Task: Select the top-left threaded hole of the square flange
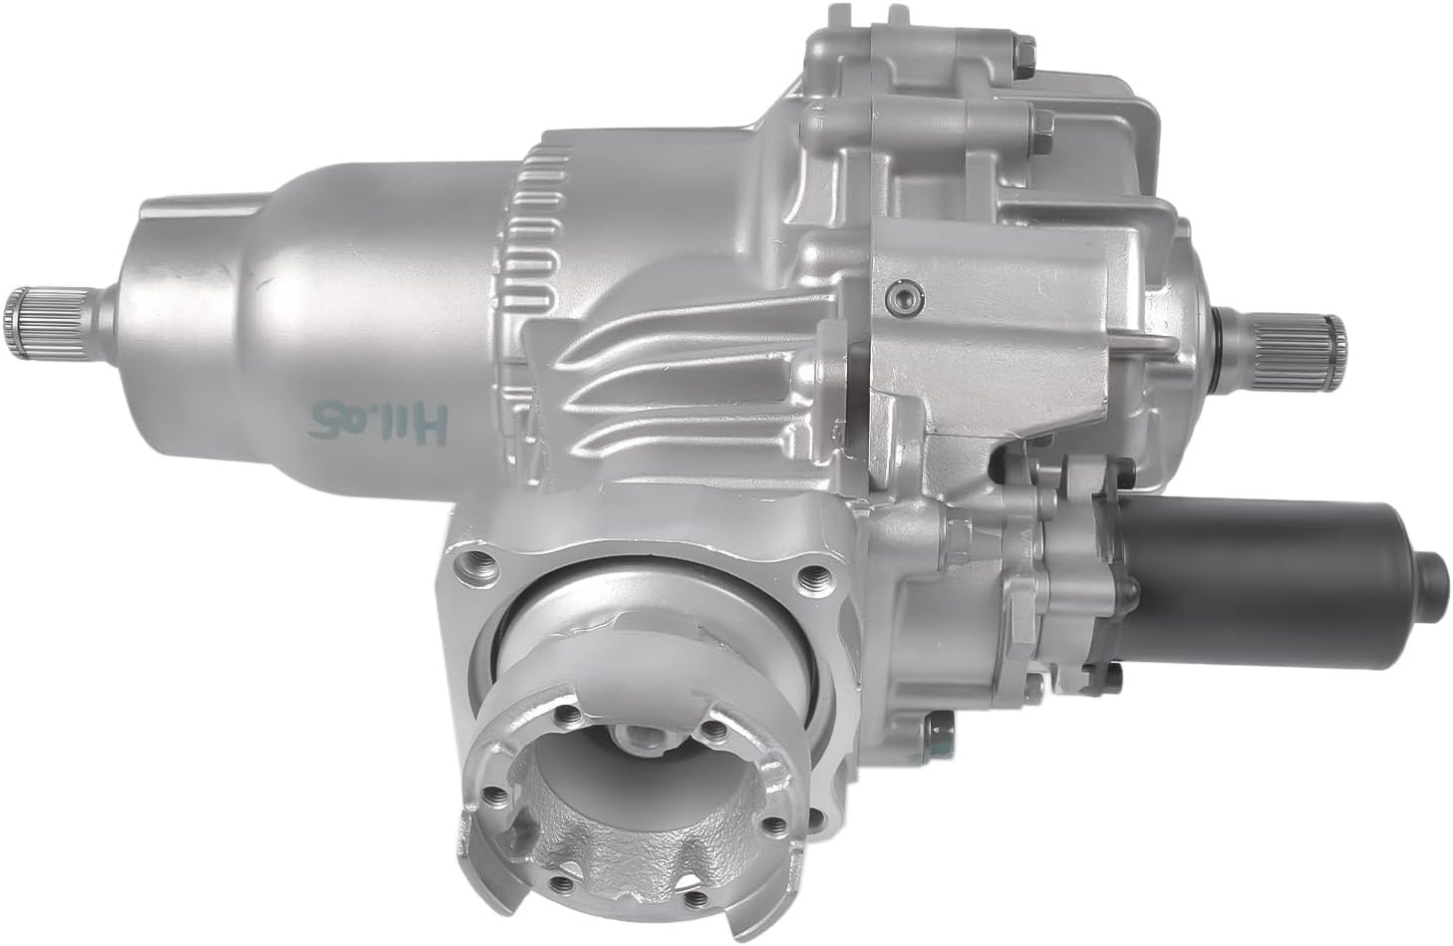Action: click(461, 571)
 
